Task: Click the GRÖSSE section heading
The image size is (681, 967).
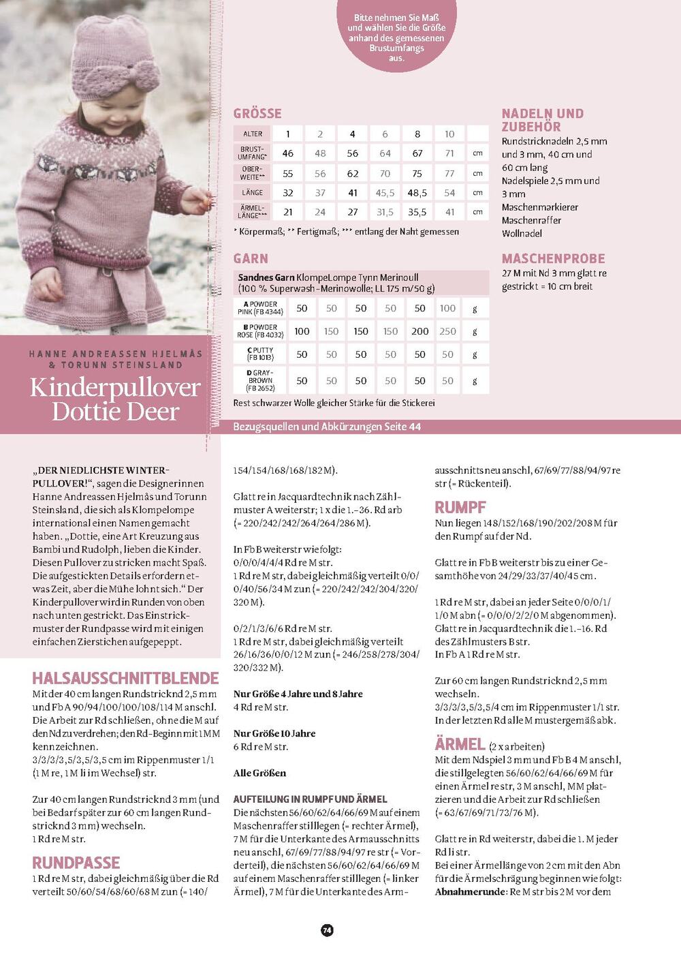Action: coord(257,114)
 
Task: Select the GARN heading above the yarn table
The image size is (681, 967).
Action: coord(251,259)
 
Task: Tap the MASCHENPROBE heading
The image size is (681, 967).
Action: coord(553,259)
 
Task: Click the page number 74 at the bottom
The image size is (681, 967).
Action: coord(327,930)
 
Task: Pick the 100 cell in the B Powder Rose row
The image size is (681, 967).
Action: coord(302,331)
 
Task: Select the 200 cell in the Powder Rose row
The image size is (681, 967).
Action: coord(419,331)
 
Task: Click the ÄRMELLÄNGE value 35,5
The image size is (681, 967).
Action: coord(417,212)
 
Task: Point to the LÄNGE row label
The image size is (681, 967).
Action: coord(253,193)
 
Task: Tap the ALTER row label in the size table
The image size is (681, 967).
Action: coord(253,134)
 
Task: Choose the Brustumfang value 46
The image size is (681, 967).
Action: coord(288,153)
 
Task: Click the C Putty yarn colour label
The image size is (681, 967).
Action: coord(260,354)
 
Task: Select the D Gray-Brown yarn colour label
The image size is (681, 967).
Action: coord(260,380)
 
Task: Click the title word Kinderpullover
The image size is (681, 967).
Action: coord(115,387)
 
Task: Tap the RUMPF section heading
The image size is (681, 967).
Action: coord(460,507)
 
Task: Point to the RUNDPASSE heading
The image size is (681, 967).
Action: coord(76,863)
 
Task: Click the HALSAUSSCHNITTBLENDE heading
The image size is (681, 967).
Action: coord(125,678)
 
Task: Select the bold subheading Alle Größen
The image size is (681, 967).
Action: coord(259,773)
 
